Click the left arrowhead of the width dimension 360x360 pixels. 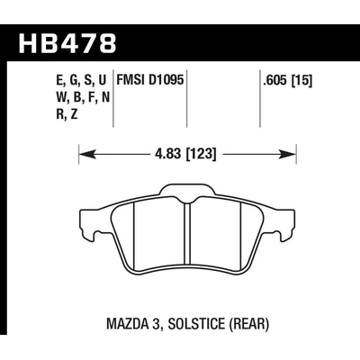point(84,156)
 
